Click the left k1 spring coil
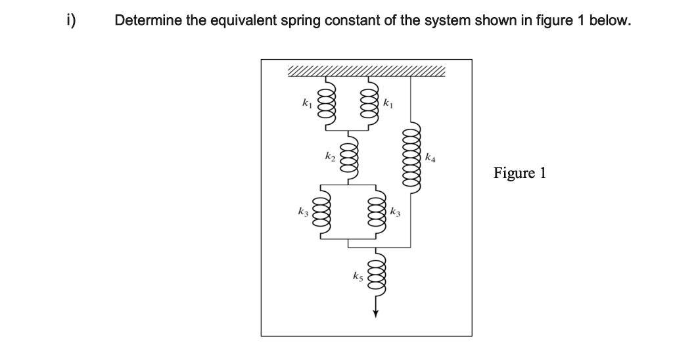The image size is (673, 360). (324, 103)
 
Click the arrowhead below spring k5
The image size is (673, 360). (377, 313)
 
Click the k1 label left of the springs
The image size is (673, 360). (306, 103)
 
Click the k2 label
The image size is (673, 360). (330, 158)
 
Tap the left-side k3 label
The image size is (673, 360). (303, 213)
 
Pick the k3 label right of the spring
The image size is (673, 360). (394, 212)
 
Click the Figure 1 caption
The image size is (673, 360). (519, 173)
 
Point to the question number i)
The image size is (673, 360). (68, 20)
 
